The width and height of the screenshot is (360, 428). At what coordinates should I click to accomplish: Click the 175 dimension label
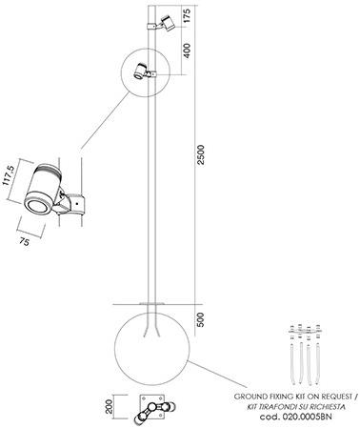click(187, 15)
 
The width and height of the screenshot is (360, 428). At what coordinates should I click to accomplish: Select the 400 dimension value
click(187, 51)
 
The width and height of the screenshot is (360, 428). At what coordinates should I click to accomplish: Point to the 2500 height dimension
click(201, 154)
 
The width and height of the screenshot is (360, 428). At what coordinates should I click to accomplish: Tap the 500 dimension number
click(200, 319)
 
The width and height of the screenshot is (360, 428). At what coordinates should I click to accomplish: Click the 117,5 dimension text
click(9, 174)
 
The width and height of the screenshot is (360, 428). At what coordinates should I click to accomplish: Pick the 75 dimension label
click(24, 242)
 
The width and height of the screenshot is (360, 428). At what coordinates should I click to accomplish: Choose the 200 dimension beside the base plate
click(109, 406)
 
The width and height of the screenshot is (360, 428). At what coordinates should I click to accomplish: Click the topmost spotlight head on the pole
click(168, 23)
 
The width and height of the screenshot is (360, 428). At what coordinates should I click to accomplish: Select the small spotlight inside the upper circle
click(140, 71)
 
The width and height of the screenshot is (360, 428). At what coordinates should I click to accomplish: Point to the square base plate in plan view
click(152, 406)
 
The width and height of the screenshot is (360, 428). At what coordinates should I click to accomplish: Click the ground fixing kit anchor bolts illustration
click(305, 355)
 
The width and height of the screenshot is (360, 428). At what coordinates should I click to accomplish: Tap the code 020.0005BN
click(295, 417)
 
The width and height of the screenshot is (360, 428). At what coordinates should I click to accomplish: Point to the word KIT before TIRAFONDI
click(252, 407)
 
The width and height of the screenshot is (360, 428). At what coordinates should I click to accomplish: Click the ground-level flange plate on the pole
click(152, 304)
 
